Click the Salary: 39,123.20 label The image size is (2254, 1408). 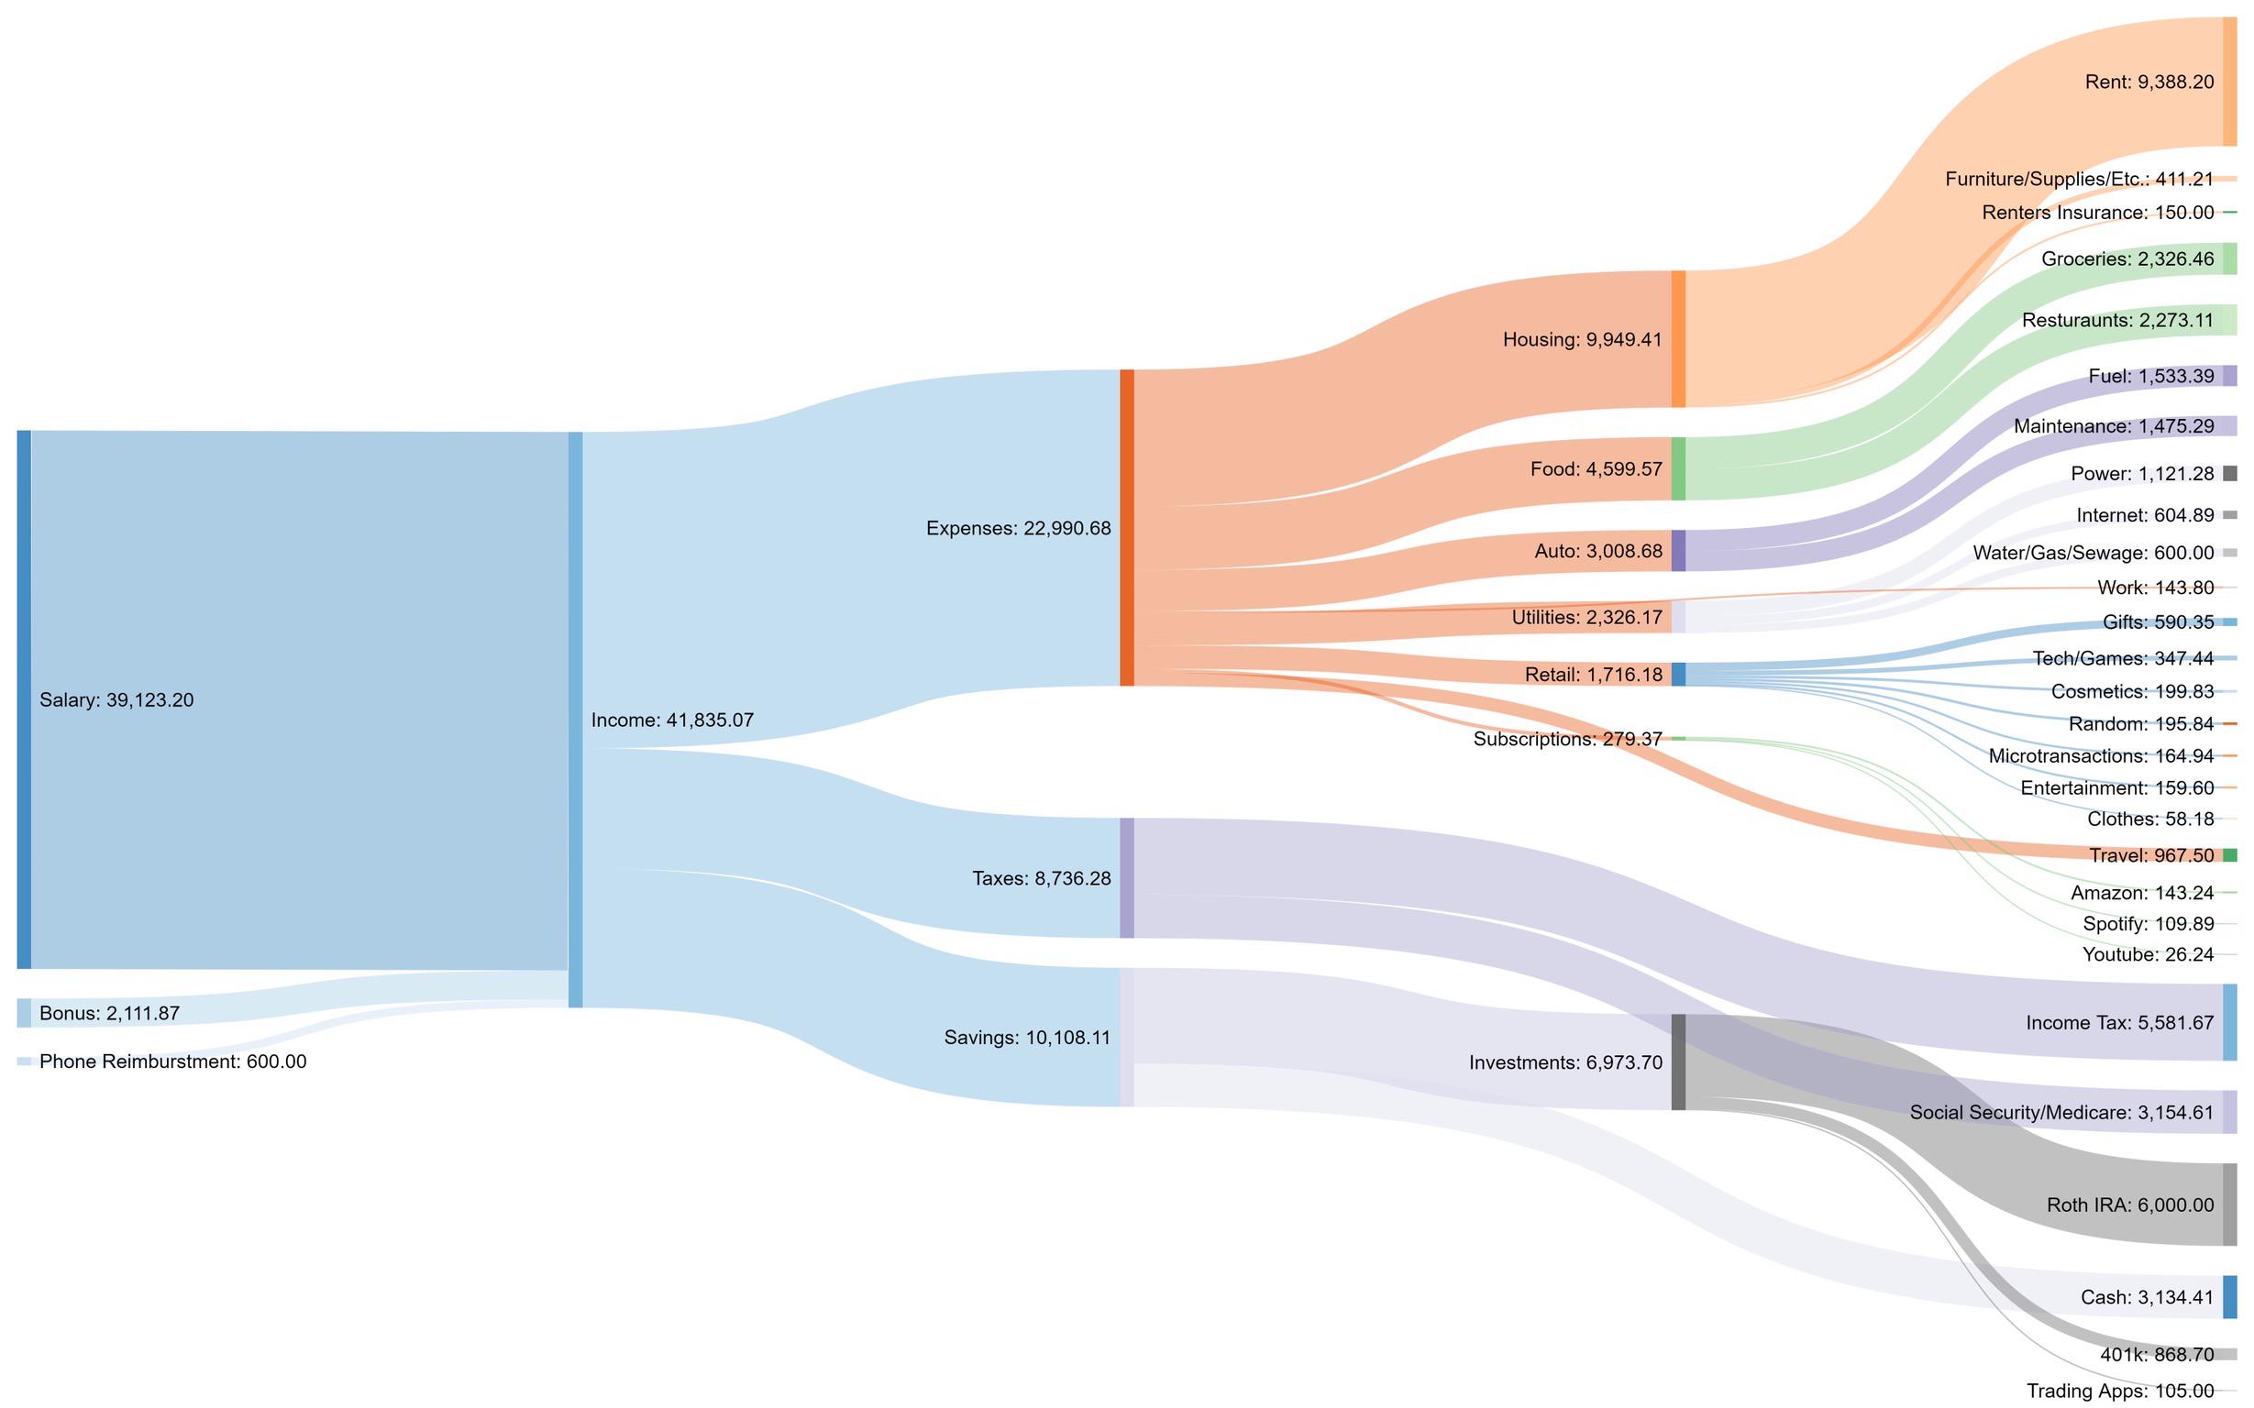116,700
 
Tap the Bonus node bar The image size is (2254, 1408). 23,1012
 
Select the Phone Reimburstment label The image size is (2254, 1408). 172,1061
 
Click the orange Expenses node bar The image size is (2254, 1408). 1126,527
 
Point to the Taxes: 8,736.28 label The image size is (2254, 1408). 1041,878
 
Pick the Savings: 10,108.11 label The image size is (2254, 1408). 1026,1038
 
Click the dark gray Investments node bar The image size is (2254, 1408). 1677,1061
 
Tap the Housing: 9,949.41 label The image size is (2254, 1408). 1582,340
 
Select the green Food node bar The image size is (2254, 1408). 1677,468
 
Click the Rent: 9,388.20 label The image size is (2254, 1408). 2149,82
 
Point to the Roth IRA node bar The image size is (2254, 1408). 2229,1204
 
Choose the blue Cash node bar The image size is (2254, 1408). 2229,1297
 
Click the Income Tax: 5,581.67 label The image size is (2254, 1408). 2119,1022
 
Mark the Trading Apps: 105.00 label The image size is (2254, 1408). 2119,1391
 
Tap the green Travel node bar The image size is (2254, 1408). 2229,855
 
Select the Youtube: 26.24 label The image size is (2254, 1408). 2148,954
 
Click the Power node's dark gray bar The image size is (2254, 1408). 2229,473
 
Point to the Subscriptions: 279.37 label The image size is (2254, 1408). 1566,740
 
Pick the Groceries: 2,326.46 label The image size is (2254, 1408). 2127,258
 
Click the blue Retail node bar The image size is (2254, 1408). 1677,674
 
